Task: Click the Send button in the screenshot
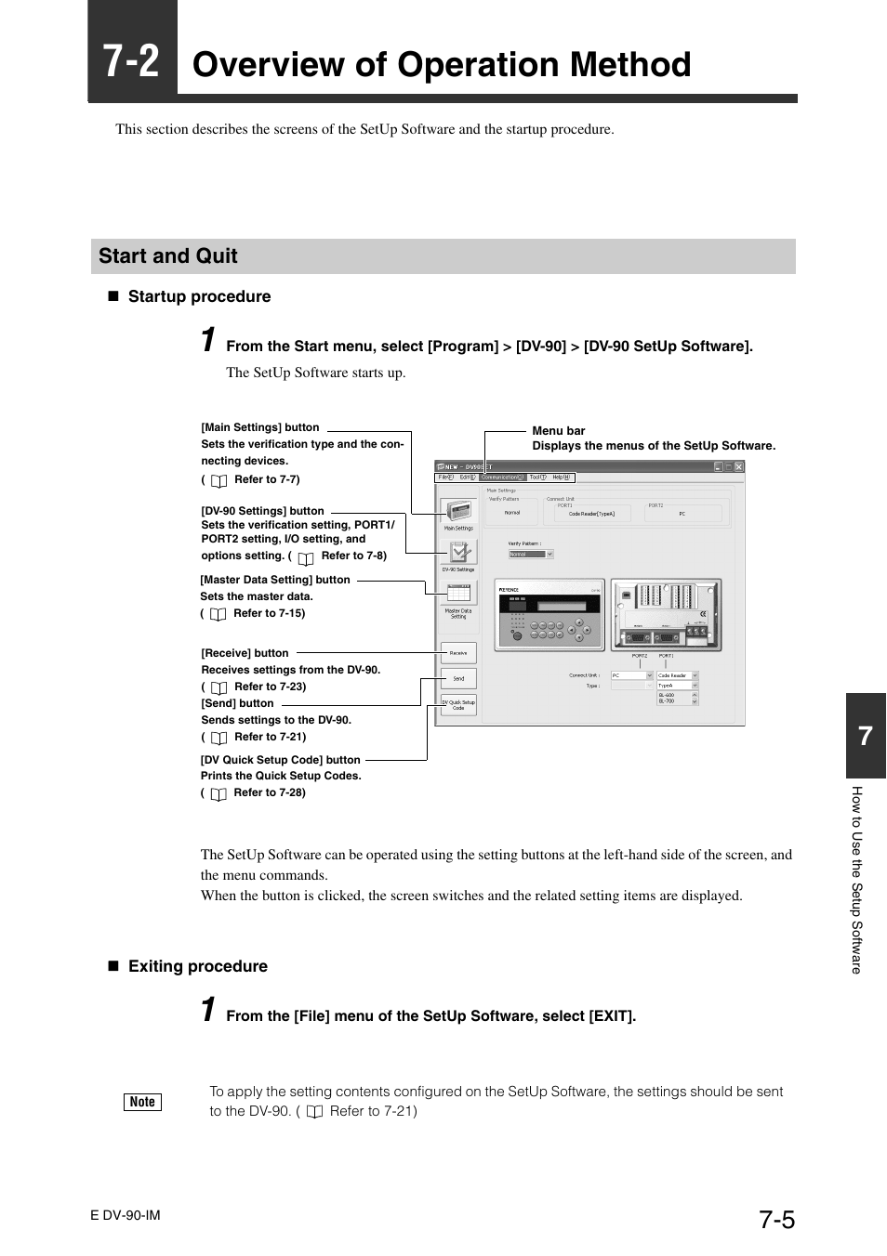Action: (458, 679)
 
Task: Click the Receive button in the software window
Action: (458, 653)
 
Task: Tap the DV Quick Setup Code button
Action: (458, 704)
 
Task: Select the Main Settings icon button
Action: (458, 511)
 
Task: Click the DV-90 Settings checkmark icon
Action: (458, 552)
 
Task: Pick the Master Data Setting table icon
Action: (458, 594)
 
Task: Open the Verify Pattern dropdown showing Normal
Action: (531, 554)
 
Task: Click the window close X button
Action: (739, 466)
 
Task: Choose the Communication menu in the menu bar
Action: (501, 478)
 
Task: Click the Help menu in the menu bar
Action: (561, 478)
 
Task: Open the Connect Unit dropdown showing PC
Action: (632, 676)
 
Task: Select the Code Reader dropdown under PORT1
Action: (677, 676)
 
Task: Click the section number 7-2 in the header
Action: (132, 61)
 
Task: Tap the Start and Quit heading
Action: (168, 256)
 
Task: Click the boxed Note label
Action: (142, 1102)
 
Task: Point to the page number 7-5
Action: (776, 1219)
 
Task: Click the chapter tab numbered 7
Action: (866, 737)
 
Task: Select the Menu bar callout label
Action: (558, 431)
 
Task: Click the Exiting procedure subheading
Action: (197, 966)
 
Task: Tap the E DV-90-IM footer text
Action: (126, 1215)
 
